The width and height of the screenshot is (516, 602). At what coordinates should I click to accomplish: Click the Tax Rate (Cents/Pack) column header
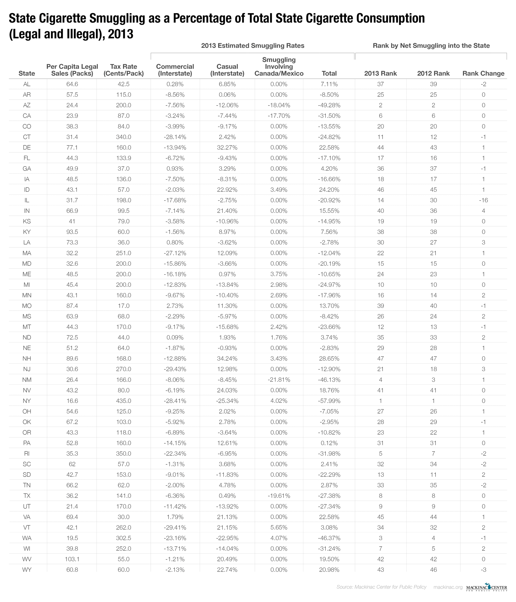click(x=123, y=70)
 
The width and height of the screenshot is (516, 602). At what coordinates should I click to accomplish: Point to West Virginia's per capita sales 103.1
click(x=72, y=559)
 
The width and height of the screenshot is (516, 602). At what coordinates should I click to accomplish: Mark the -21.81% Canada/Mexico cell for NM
click(x=279, y=380)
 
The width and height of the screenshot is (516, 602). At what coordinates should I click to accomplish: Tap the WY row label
click(x=27, y=570)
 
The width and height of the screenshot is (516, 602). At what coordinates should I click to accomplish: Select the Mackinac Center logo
click(x=486, y=587)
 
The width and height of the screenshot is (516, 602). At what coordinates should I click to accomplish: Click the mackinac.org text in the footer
click(x=448, y=587)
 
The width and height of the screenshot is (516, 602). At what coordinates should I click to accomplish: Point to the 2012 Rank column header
click(x=433, y=74)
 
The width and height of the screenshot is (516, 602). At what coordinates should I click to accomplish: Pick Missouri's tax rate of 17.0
click(x=123, y=306)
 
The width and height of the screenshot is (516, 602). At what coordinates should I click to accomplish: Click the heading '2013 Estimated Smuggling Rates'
click(x=253, y=46)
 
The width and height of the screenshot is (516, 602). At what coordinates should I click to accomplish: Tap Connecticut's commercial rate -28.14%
click(x=175, y=137)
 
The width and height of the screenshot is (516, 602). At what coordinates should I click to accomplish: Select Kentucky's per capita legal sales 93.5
click(x=72, y=232)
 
